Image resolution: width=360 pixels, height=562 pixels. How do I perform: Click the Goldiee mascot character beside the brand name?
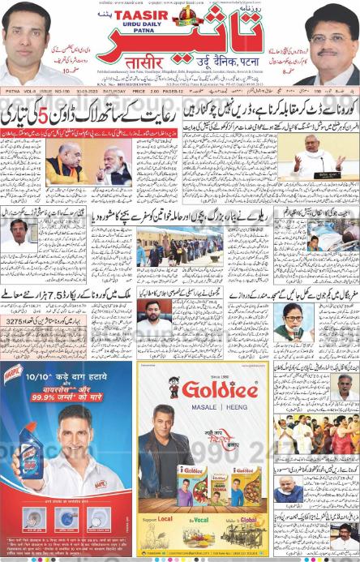pos(174,387)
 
